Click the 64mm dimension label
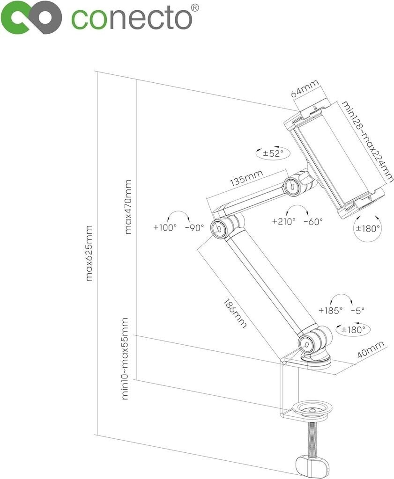pyautogui.click(x=305, y=88)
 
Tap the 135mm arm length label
pyautogui.click(x=246, y=178)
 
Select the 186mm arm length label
pyautogui.click(x=235, y=313)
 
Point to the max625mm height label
pyautogui.click(x=89, y=253)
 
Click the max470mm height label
pyautogui.click(x=128, y=206)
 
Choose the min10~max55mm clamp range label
pyautogui.click(x=125, y=358)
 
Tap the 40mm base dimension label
pyautogui.click(x=371, y=349)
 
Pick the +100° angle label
pyautogui.click(x=165, y=227)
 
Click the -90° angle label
pyautogui.click(x=194, y=228)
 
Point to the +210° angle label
pyautogui.click(x=284, y=221)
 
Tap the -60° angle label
pyautogui.click(x=313, y=221)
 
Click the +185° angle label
pyautogui.click(x=331, y=311)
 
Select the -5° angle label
pyautogui.click(x=358, y=311)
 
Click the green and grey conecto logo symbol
pyautogui.click(x=31, y=18)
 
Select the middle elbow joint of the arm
pyautogui.click(x=220, y=228)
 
